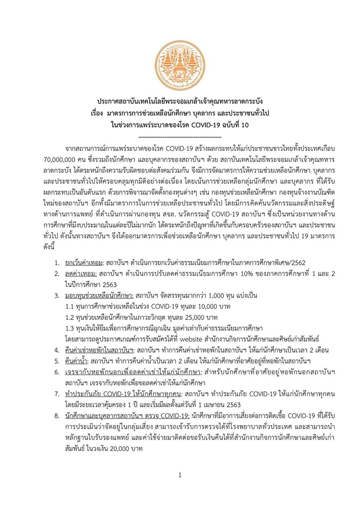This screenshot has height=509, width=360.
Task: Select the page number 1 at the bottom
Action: [180, 475]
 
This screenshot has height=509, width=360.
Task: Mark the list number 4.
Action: [56, 349]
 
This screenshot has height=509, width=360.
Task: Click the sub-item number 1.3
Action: [70, 327]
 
